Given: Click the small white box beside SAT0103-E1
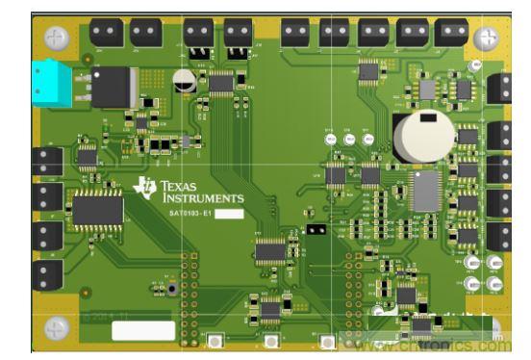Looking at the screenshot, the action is (x=228, y=213).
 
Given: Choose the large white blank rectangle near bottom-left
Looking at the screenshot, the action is (x=143, y=330).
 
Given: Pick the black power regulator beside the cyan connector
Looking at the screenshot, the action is (x=112, y=88).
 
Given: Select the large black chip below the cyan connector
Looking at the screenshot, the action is (x=97, y=208).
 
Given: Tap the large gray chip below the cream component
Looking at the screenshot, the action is (x=425, y=190).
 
